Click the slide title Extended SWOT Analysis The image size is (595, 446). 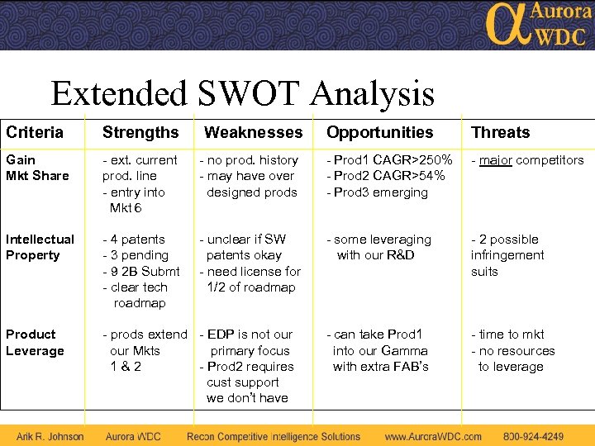[x=242, y=93]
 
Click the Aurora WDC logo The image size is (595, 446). [x=538, y=24]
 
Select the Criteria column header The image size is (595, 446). [x=35, y=132]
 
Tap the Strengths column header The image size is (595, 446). [x=140, y=132]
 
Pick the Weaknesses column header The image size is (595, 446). [x=253, y=132]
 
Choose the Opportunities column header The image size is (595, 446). [x=379, y=132]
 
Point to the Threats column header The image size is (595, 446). [x=500, y=132]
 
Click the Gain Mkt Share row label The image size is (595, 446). [x=37, y=168]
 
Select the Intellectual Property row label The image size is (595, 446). [x=40, y=247]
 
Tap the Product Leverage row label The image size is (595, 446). [x=35, y=343]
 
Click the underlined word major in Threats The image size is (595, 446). [x=496, y=160]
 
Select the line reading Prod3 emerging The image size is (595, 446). [x=380, y=192]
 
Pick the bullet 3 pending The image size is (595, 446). [x=136, y=255]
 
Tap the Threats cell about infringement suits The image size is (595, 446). [x=507, y=255]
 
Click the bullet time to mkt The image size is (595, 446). [x=511, y=334]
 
